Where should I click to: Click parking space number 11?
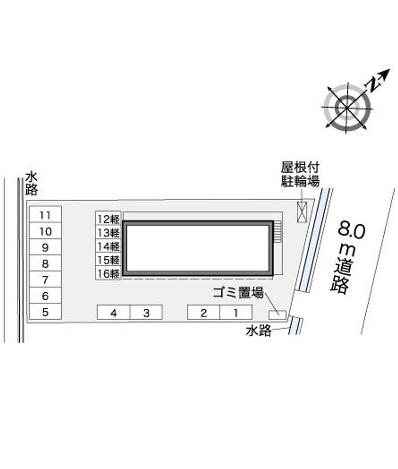pyautogui.click(x=45, y=215)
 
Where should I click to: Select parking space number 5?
pyautogui.click(x=45, y=312)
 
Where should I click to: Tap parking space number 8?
pyautogui.click(x=45, y=263)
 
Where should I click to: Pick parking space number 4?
pyautogui.click(x=113, y=313)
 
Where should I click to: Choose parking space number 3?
pyautogui.click(x=146, y=313)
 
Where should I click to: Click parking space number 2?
pyautogui.click(x=203, y=313)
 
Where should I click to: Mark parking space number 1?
pyautogui.click(x=236, y=313)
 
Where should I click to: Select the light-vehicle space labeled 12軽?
pyautogui.click(x=108, y=219)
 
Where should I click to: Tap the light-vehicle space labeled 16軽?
pyautogui.click(x=108, y=273)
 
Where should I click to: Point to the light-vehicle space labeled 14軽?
pyautogui.click(x=108, y=246)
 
